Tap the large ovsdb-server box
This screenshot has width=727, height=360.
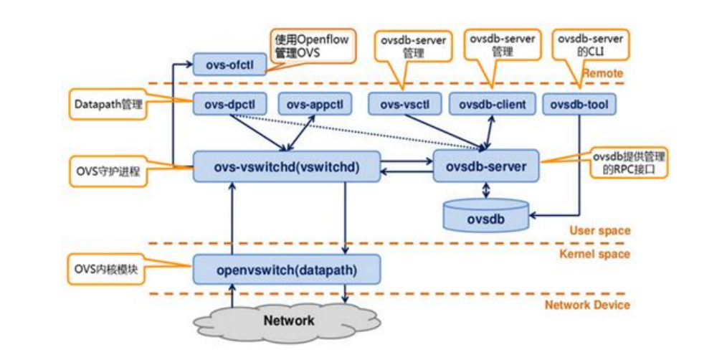coord(486,167)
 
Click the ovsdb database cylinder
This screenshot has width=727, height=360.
coord(486,216)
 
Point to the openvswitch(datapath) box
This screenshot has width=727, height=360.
coord(287,271)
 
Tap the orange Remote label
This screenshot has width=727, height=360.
coord(602,73)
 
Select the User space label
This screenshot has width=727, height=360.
coord(599,230)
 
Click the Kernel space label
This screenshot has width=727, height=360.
coord(596,254)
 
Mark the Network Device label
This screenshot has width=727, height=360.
coord(587,305)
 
